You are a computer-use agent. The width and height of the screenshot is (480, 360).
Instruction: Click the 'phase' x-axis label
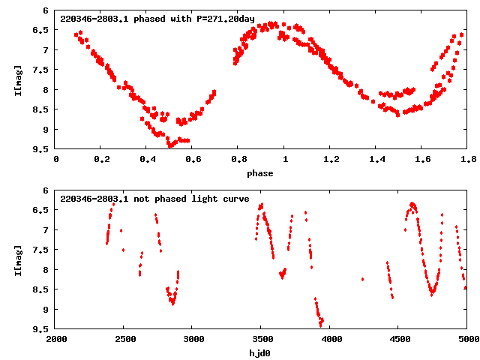pyautogui.click(x=260, y=173)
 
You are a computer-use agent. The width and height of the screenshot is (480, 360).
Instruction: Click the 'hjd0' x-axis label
pyautogui.click(x=260, y=353)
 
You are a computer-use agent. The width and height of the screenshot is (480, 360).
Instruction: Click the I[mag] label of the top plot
pyautogui.click(x=17, y=79)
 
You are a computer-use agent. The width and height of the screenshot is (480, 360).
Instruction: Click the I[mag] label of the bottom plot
pyautogui.click(x=17, y=259)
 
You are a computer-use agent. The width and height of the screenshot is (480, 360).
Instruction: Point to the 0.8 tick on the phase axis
pyautogui.click(x=238, y=159)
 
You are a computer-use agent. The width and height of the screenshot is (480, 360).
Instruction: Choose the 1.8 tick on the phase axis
pyautogui.click(x=466, y=159)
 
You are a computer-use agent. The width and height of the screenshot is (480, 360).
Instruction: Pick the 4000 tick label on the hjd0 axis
pyautogui.click(x=329, y=339)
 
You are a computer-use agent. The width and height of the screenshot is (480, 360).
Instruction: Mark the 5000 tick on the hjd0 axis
pyautogui.click(x=466, y=339)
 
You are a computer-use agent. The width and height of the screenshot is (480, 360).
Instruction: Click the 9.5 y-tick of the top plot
pyautogui.click(x=42, y=149)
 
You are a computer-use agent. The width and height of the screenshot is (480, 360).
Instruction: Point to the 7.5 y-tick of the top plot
pyautogui.click(x=42, y=70)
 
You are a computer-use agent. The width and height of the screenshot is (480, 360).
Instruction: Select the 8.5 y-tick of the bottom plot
pyautogui.click(x=42, y=289)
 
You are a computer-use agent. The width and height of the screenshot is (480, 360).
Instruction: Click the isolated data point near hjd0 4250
pyautogui.click(x=362, y=279)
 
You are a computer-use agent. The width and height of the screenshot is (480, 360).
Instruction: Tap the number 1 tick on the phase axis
pyautogui.click(x=283, y=159)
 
